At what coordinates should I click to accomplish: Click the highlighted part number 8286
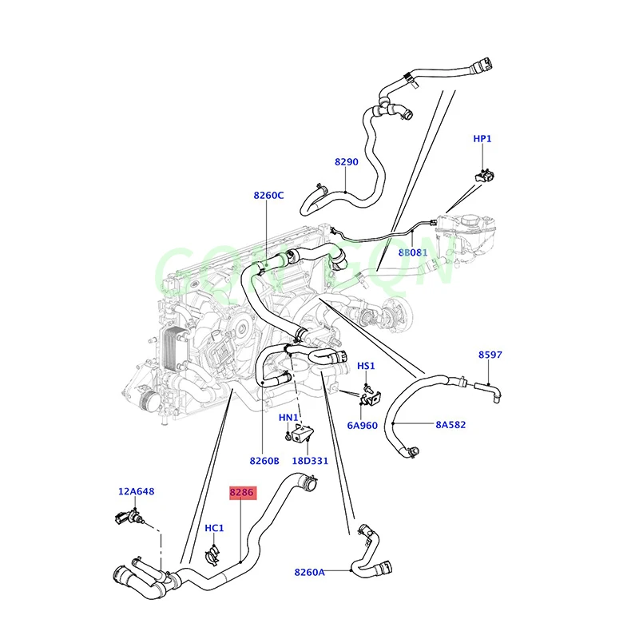pos(241,493)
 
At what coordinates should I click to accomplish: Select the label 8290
pos(346,162)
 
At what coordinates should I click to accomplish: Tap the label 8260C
pos(268,195)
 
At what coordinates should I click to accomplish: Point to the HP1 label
pos(482,139)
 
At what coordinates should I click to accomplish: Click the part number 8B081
pos(413,252)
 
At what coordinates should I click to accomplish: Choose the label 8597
pos(490,355)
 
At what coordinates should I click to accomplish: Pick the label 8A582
pos(450,425)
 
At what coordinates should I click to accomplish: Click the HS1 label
pos(366,366)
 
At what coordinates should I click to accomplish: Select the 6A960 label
pos(361,425)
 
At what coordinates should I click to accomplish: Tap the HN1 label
pos(288,418)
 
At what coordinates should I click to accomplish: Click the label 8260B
pos(264,461)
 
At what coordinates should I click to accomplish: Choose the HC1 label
pos(214,528)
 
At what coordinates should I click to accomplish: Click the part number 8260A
pos(309,571)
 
